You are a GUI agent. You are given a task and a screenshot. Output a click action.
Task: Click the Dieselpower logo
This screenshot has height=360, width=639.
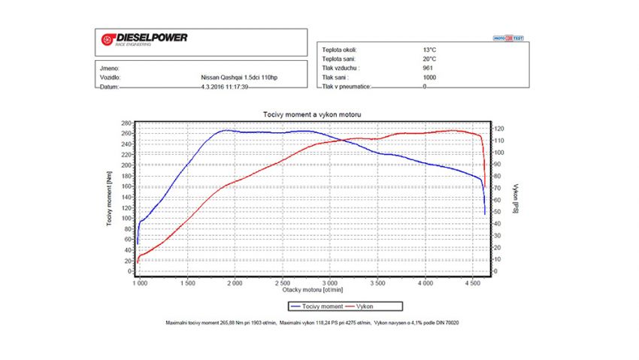pyautogui.click(x=142, y=38)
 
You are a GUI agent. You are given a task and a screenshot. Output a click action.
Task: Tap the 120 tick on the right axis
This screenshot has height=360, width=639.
pyautogui.click(x=498, y=129)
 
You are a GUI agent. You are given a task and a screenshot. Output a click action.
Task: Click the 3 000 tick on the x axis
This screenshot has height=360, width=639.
pyautogui.click(x=331, y=283)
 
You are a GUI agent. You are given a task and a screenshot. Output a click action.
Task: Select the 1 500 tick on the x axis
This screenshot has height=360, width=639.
pyautogui.click(x=188, y=283)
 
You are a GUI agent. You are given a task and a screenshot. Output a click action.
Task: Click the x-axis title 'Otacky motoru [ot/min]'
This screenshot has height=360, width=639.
pyautogui.click(x=313, y=289)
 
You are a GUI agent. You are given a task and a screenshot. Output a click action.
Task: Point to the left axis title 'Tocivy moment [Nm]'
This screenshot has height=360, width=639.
pyautogui.click(x=109, y=198)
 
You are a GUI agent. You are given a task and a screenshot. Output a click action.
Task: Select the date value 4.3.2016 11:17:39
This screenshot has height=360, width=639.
pyautogui.click(x=225, y=87)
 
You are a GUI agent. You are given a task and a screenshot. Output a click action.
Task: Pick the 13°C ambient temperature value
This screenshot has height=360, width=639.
pyautogui.click(x=429, y=50)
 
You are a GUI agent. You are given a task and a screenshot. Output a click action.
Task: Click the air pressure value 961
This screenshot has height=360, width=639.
pyautogui.click(x=427, y=68)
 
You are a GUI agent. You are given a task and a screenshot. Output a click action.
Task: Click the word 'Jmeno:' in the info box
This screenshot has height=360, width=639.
pyautogui.click(x=109, y=68)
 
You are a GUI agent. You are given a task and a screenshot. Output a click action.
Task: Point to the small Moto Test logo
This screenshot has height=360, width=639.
pyautogui.click(x=508, y=36)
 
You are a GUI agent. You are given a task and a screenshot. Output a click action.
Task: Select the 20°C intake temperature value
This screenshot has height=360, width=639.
pyautogui.click(x=429, y=59)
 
